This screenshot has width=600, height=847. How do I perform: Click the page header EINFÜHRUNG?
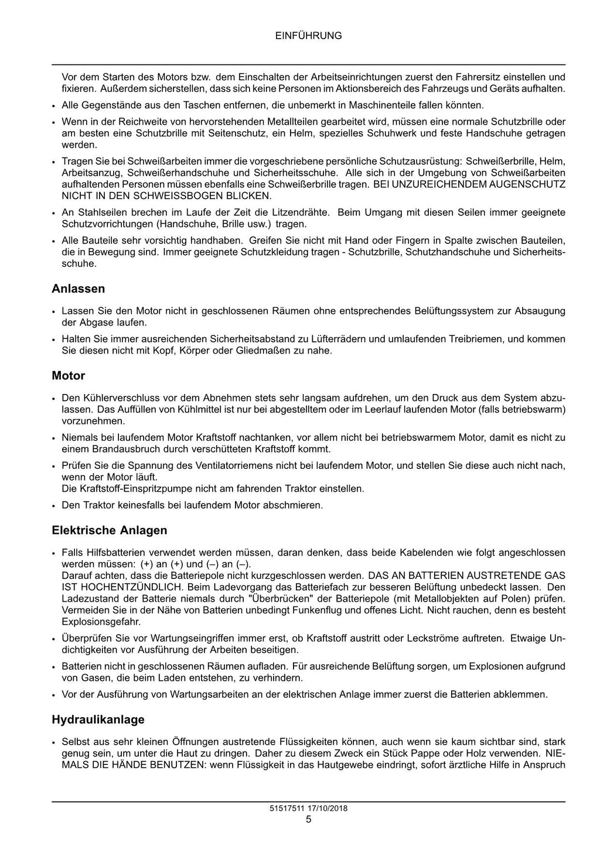click(308, 36)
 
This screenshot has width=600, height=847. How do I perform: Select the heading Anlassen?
click(79, 289)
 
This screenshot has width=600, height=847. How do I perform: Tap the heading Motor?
click(69, 376)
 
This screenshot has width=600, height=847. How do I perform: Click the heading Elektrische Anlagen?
click(110, 530)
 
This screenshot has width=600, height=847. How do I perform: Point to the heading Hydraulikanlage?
click(98, 719)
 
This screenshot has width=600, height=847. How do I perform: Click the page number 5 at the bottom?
click(308, 819)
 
